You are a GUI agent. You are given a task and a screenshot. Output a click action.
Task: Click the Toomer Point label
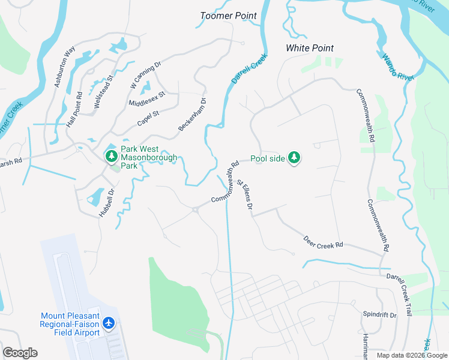[x=228, y=16]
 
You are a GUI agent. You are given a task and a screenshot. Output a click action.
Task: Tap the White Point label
[x=310, y=48]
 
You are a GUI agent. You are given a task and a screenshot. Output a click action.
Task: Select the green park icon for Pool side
[x=294, y=158]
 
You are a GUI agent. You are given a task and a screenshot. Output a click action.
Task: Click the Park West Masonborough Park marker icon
[x=111, y=157]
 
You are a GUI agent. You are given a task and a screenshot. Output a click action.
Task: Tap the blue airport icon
[x=109, y=323]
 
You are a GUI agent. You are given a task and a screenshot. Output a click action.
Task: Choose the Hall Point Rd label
[x=74, y=109]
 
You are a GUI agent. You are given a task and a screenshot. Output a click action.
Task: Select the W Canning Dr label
[x=146, y=75]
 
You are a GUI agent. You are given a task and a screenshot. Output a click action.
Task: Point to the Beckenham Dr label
[x=193, y=114]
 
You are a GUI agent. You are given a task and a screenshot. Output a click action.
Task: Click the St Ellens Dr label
[x=245, y=194]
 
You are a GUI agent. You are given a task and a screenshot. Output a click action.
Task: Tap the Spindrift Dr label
[x=380, y=314]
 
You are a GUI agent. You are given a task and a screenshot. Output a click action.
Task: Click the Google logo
[x=20, y=353]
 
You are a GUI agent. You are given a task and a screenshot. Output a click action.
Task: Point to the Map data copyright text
[x=412, y=355]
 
